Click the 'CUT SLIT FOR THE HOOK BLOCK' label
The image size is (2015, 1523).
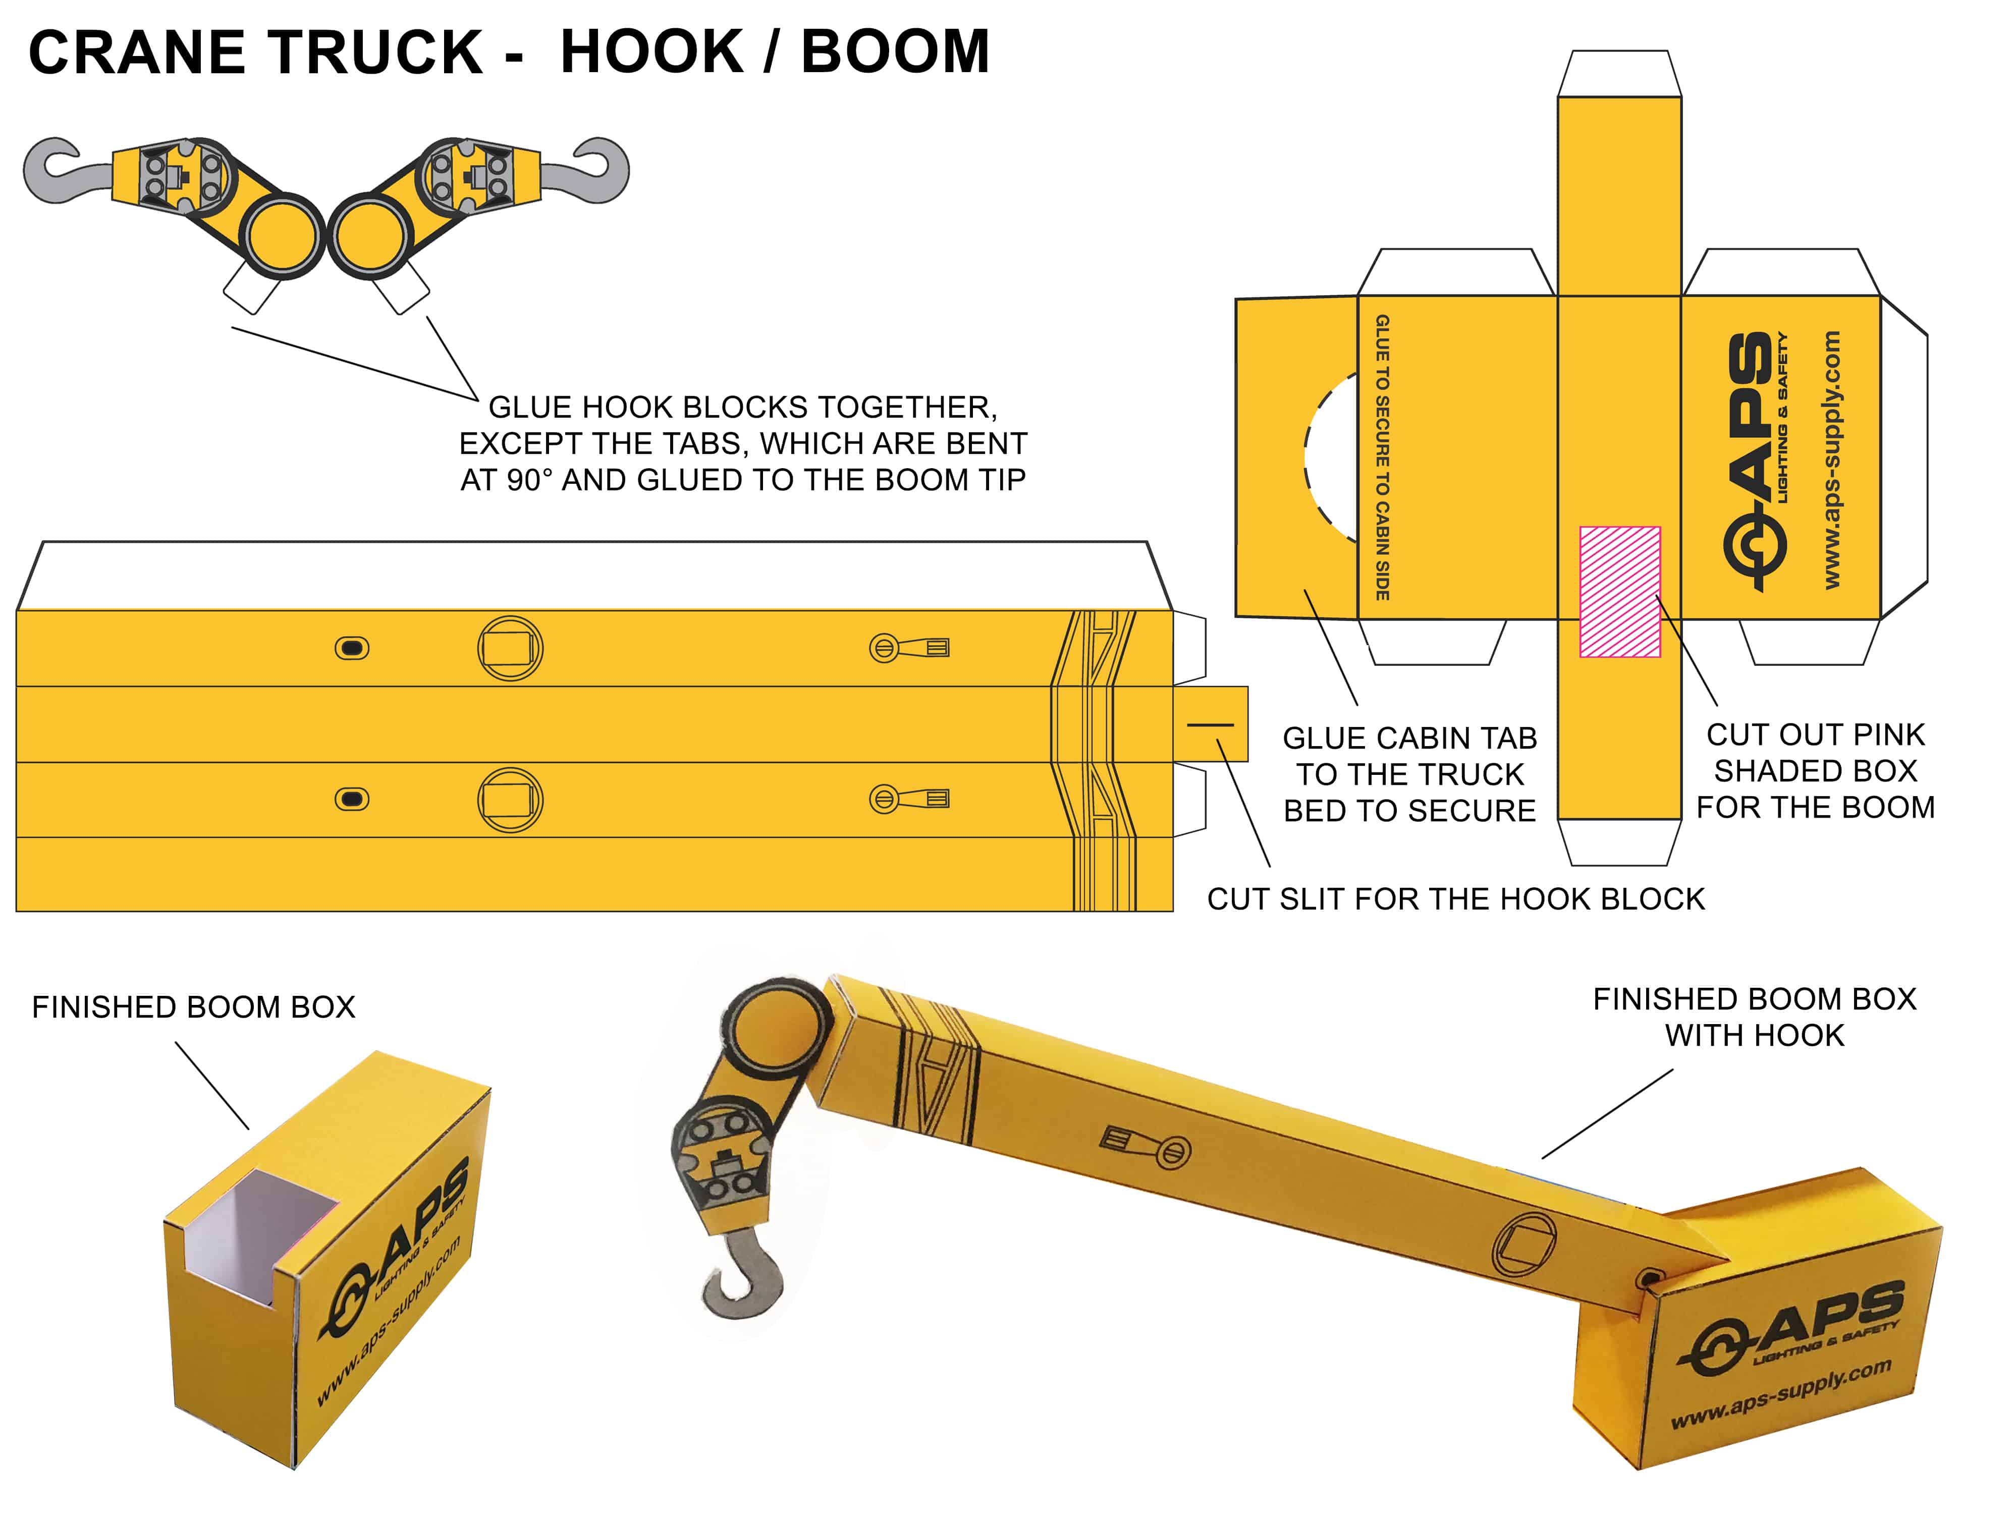pyautogui.click(x=1455, y=899)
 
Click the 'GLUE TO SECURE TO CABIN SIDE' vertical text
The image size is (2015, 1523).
pyautogui.click(x=1382, y=457)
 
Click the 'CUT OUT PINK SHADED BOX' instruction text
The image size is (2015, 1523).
pyautogui.click(x=1815, y=771)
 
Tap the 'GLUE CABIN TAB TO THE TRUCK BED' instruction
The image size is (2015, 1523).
pyautogui.click(x=1409, y=774)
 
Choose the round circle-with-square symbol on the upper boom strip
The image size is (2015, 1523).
pyautogui.click(x=510, y=649)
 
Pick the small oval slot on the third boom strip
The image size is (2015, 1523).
pyautogui.click(x=352, y=800)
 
